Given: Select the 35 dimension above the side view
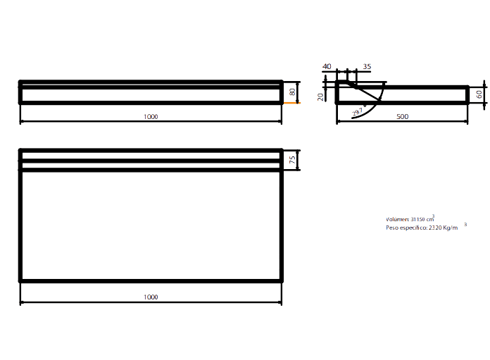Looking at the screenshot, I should pyautogui.click(x=367, y=67).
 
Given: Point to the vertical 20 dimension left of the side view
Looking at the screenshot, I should pyautogui.click(x=320, y=97).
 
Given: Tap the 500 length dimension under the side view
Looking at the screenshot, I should pyautogui.click(x=402, y=117).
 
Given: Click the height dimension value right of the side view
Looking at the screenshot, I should pyautogui.click(x=479, y=94).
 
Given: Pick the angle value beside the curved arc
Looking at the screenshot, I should pyautogui.click(x=357, y=111).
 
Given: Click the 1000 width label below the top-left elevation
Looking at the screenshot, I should pyautogui.click(x=150, y=117).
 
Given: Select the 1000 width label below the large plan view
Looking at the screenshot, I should pyautogui.click(x=150, y=297).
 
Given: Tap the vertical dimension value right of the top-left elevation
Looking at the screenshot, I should pyautogui.click(x=292, y=92).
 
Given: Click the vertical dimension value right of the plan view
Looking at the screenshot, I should pyautogui.click(x=292, y=160).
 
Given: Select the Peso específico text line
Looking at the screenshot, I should pyautogui.click(x=422, y=228).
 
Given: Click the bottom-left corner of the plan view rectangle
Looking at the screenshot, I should pyautogui.click(x=22, y=280).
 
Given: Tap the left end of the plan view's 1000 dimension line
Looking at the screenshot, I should pyautogui.click(x=20, y=303).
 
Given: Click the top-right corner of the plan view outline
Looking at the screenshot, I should pyautogui.click(x=281, y=150).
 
